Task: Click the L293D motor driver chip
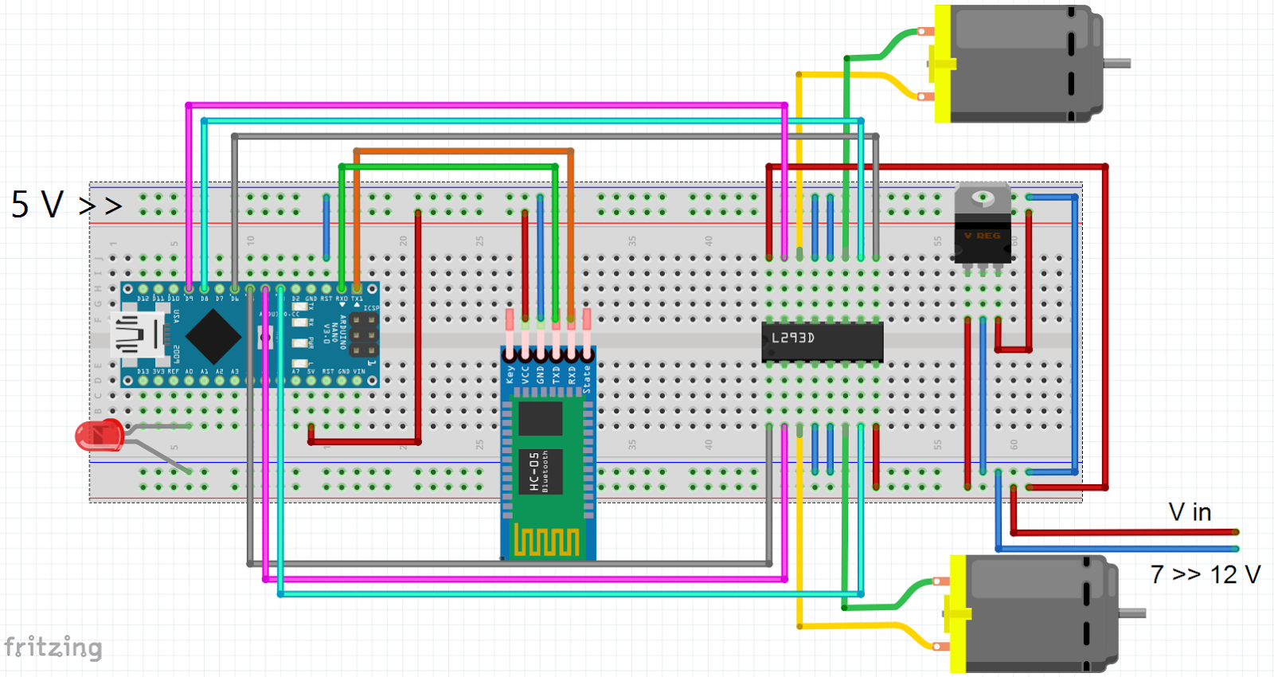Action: click(x=823, y=342)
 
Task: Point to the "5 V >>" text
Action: click(x=66, y=205)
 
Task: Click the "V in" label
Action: click(x=1190, y=512)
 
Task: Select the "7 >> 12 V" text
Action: click(x=1206, y=574)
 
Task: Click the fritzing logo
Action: click(x=53, y=647)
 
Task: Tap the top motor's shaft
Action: click(x=1116, y=63)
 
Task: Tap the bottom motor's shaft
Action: click(x=1132, y=612)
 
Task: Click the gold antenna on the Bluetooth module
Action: click(x=546, y=541)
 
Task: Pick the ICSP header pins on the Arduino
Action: click(x=364, y=335)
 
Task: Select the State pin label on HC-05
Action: click(x=587, y=378)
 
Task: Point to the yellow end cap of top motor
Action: click(x=943, y=64)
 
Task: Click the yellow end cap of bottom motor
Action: click(x=958, y=613)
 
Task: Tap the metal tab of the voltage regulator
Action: click(x=983, y=198)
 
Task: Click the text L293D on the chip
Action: click(x=793, y=338)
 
